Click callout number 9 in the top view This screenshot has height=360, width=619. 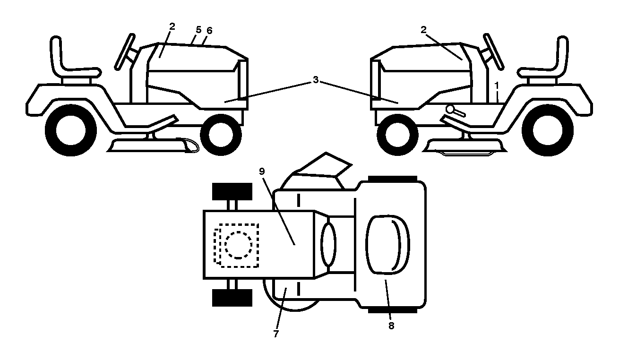(262, 171)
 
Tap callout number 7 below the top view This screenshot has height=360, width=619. (276, 334)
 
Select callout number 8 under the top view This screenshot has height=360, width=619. (391, 326)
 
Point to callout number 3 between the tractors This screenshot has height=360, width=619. (315, 80)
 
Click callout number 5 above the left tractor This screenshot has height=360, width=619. (198, 30)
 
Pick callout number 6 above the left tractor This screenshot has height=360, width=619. (209, 31)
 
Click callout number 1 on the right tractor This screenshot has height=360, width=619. (497, 86)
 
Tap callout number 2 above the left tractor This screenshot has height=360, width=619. (172, 26)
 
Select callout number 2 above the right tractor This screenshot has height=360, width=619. (423, 30)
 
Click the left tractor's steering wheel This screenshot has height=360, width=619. (125, 51)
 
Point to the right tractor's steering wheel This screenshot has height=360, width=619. (493, 51)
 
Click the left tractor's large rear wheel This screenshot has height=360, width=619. (71, 130)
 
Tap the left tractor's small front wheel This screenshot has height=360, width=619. (221, 135)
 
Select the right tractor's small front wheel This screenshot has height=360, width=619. (398, 135)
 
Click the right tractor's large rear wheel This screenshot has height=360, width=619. (548, 130)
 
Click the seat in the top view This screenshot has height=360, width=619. (387, 245)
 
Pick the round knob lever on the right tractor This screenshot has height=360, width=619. (450, 110)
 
